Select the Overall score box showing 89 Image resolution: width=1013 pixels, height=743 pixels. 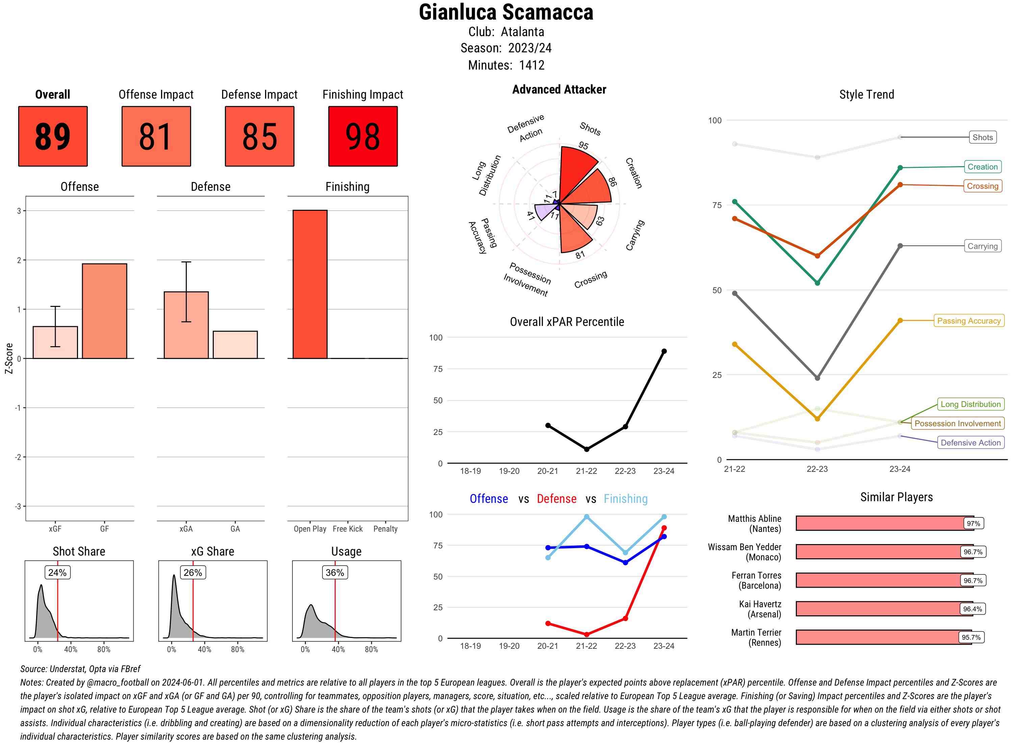53,136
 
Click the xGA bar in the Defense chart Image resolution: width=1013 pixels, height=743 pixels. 186,325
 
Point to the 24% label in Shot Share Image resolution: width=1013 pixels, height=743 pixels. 57,572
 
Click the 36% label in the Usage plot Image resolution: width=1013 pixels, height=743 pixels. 335,572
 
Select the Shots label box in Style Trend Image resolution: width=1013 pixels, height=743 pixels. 982,137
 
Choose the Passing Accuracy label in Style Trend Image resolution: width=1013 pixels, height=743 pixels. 968,321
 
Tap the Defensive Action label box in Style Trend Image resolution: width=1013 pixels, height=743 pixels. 970,442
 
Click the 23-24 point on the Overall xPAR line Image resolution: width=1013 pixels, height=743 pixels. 664,351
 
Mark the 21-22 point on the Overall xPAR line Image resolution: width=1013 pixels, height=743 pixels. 586,449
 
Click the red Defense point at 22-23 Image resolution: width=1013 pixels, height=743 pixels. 625,618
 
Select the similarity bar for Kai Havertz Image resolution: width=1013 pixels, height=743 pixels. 884,609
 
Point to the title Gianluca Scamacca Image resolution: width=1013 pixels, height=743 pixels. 506,12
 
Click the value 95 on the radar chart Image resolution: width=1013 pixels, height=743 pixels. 583,145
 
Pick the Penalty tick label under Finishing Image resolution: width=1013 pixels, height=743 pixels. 385,529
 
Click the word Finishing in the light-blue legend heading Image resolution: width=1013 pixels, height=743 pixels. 625,499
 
